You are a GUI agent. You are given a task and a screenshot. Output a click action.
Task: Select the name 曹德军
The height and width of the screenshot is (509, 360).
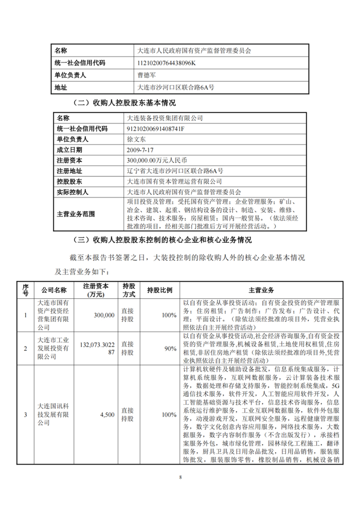click(x=148, y=75)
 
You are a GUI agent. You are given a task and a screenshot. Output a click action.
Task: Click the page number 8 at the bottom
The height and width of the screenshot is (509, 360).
click(x=181, y=478)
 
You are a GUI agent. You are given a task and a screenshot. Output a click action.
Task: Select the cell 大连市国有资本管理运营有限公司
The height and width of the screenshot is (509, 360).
click(x=174, y=181)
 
